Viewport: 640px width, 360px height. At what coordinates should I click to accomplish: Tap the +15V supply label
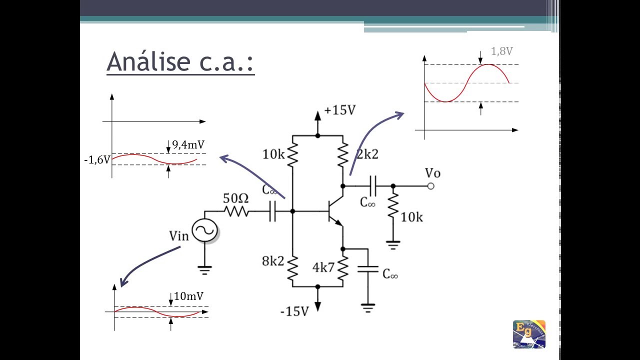[x=340, y=110]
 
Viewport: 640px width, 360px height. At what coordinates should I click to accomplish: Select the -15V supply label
[x=294, y=311]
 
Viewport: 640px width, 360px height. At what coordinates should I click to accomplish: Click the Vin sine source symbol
[x=204, y=230]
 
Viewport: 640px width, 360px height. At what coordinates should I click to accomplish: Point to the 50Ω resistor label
[x=235, y=198]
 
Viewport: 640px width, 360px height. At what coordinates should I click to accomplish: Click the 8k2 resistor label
[x=273, y=261]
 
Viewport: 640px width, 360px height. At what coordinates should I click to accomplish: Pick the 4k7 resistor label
[x=323, y=267]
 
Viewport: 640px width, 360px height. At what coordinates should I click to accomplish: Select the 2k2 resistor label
[x=367, y=154]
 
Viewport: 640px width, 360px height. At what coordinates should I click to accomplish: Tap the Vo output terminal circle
[x=431, y=186]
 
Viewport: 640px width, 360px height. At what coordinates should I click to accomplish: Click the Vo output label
[x=432, y=173]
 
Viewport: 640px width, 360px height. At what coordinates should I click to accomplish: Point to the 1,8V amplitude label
[x=501, y=51]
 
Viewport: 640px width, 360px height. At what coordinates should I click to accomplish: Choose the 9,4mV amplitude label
[x=188, y=145]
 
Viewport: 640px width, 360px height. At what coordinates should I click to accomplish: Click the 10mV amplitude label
[x=188, y=296]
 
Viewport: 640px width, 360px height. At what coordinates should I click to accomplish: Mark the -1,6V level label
[x=97, y=159]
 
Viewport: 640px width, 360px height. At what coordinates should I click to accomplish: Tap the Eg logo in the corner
[x=529, y=334]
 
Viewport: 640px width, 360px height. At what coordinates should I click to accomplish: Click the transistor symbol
[x=335, y=211]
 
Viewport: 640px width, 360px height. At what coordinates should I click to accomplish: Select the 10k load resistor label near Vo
[x=411, y=217]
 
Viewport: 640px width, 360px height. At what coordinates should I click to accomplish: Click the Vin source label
[x=179, y=236]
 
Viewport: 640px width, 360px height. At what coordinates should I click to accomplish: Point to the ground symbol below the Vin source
[x=204, y=270]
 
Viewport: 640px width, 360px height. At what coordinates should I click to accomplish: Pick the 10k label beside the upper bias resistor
[x=273, y=154]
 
